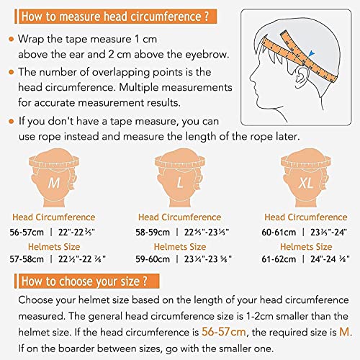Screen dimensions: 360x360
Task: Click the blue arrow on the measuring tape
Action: tap(310, 52)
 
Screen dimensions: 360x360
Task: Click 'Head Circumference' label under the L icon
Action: tap(180, 217)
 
